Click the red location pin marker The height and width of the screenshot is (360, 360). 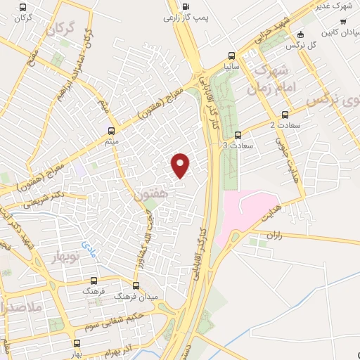tap(181, 165)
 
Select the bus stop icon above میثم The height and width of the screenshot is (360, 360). tap(111, 130)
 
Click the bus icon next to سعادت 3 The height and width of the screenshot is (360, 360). tap(237, 136)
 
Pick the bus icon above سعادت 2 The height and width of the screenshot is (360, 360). tap(285, 115)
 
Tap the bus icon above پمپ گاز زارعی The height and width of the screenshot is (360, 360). tap(185, 8)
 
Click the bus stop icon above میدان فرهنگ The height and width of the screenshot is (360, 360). tap(136, 285)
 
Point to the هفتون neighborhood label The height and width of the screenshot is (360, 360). tap(152, 193)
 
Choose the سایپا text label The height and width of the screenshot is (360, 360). tap(232, 67)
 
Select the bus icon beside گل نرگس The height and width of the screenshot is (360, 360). tap(302, 34)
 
